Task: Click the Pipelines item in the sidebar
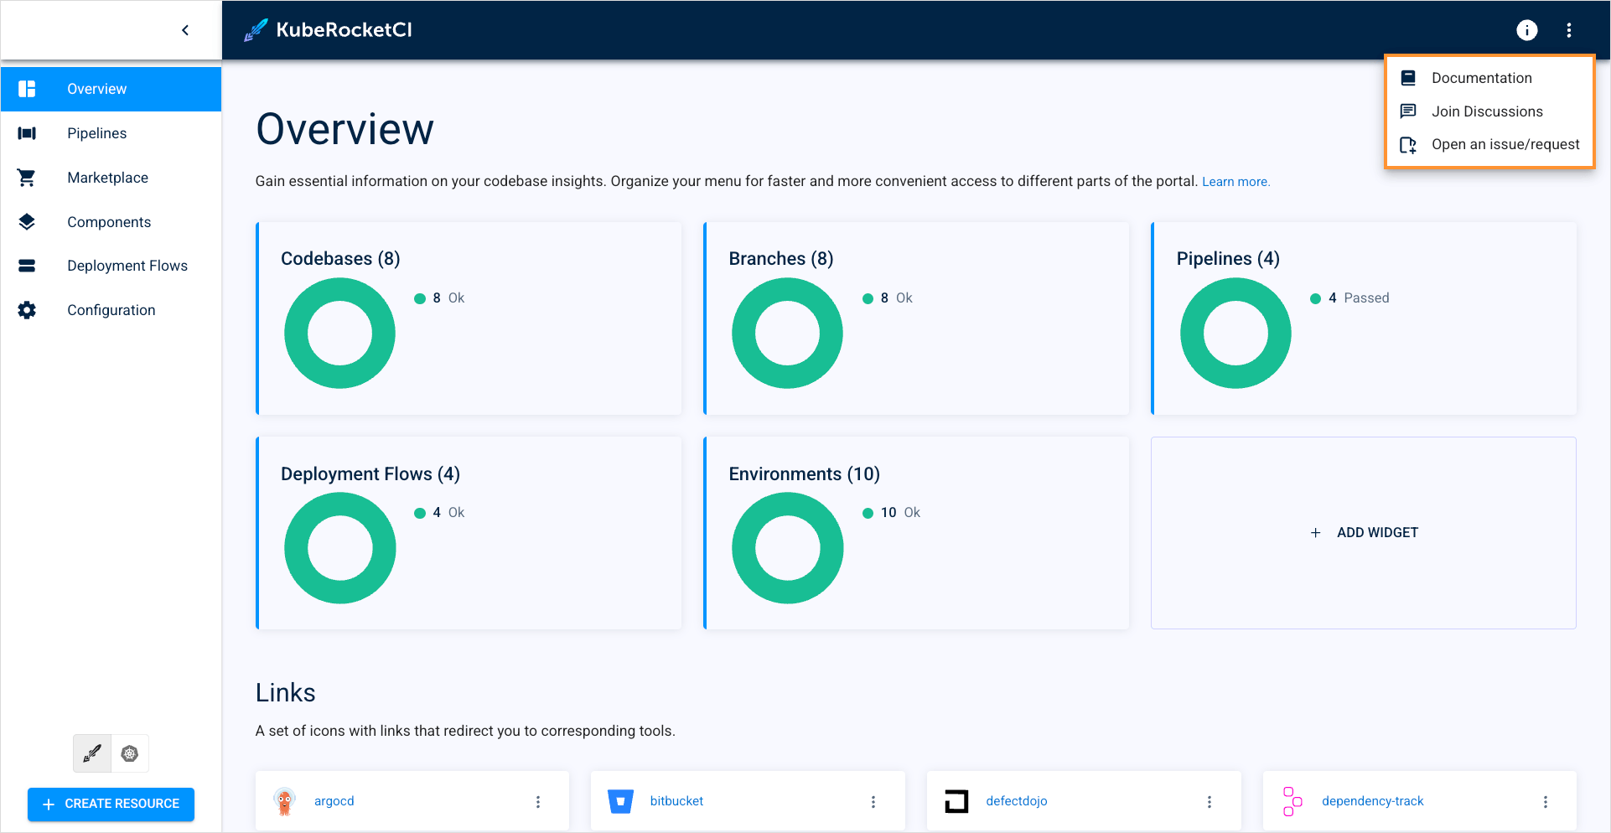pyautogui.click(x=96, y=133)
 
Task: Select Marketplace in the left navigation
pyautogui.click(x=107, y=178)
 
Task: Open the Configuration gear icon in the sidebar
pyautogui.click(x=27, y=310)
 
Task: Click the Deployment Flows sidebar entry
pyautogui.click(x=127, y=266)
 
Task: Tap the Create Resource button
pyautogui.click(x=111, y=804)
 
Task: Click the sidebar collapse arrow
pyautogui.click(x=185, y=30)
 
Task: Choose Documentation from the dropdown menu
pyautogui.click(x=1481, y=78)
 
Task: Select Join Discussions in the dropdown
pyautogui.click(x=1486, y=111)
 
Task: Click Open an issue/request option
pyautogui.click(x=1505, y=144)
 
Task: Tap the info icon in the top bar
pyautogui.click(x=1526, y=30)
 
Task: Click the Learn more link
pyautogui.click(x=1235, y=182)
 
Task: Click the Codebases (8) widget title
pyautogui.click(x=340, y=259)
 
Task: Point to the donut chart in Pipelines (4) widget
pyautogui.click(x=1235, y=334)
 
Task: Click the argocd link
pyautogui.click(x=334, y=801)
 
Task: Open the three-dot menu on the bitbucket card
pyautogui.click(x=873, y=802)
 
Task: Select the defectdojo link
pyautogui.click(x=1016, y=801)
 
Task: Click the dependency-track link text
pyautogui.click(x=1372, y=801)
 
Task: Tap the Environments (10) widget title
pyautogui.click(x=804, y=474)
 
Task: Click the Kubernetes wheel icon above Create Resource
pyautogui.click(x=130, y=753)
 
